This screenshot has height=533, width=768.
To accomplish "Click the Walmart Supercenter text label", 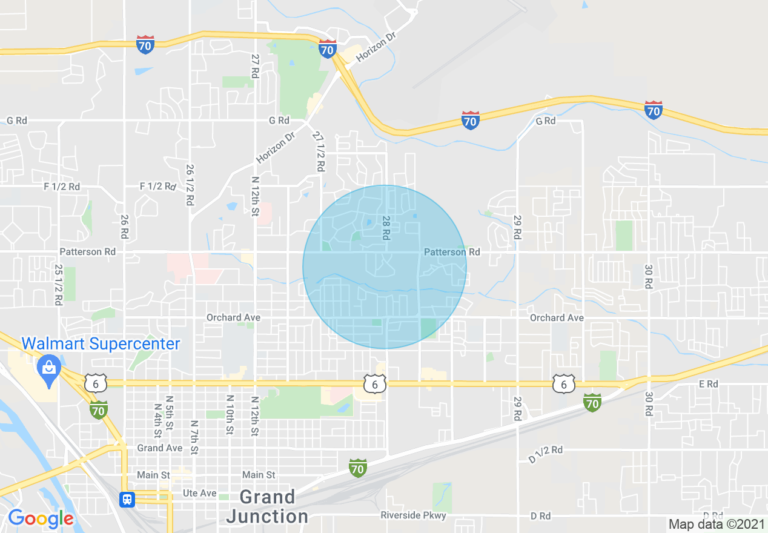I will coord(101,344).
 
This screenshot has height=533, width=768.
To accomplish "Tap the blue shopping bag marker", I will coord(47,368).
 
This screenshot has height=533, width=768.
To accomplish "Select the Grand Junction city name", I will coord(267,507).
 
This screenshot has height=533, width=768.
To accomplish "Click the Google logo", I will coord(41,518).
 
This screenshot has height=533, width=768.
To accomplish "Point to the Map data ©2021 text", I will coord(717,524).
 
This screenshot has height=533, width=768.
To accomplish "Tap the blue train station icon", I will coord(127,499).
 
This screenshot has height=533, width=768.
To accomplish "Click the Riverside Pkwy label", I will coord(413,515).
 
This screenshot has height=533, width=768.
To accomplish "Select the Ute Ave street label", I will coord(200,494).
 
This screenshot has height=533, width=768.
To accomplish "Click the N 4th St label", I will coord(156,421).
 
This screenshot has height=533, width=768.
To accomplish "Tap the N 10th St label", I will coord(230,415).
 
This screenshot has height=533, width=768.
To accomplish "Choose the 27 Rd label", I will coord(255,65).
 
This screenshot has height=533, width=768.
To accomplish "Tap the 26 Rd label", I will coord(124,227).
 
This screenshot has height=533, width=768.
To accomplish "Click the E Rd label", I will coord(708,384).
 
